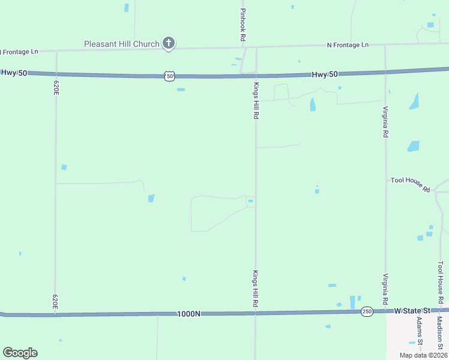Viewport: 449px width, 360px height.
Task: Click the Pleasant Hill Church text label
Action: click(121, 44)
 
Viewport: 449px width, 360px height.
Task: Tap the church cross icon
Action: click(169, 43)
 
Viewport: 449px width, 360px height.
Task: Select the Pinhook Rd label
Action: click(243, 25)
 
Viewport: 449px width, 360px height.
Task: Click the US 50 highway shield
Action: click(170, 76)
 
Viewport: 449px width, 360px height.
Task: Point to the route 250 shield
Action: click(366, 311)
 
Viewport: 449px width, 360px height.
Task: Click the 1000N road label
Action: click(188, 314)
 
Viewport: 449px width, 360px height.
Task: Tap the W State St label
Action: click(412, 311)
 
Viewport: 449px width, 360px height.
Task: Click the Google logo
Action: click(20, 353)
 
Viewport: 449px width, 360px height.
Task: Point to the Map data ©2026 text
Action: click(423, 355)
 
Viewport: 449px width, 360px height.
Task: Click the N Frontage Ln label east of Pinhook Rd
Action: click(348, 45)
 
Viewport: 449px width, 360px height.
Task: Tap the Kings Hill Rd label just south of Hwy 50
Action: click(256, 100)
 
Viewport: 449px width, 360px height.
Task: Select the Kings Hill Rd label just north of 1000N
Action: click(255, 289)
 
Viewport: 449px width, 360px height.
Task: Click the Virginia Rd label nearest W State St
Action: click(385, 288)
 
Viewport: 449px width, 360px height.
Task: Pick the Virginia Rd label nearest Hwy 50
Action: click(385, 122)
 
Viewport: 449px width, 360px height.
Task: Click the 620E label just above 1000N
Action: click(55, 301)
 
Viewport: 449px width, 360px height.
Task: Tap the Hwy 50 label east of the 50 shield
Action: click(325, 74)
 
